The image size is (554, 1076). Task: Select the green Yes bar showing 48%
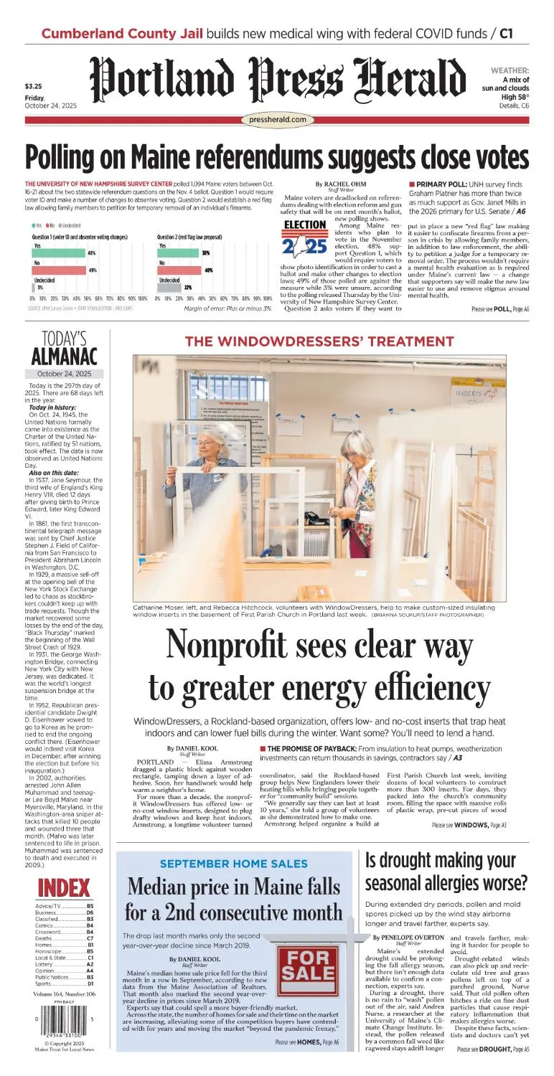tap(65, 253)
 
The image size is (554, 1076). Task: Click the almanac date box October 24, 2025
tap(64, 374)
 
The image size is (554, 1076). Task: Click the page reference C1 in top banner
tap(507, 33)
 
